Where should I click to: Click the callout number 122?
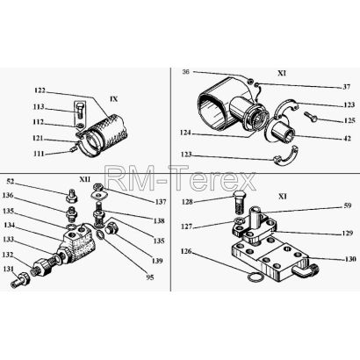tap(40, 90)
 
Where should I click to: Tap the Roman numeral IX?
tap(113, 99)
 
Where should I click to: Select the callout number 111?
tap(38, 154)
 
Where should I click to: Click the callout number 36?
tap(185, 72)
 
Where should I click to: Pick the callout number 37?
tap(346, 87)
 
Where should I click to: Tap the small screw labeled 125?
tap(312, 117)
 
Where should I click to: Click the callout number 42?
tap(347, 139)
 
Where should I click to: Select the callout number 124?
tap(185, 133)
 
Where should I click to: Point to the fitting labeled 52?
tap(71, 197)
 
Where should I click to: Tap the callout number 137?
tap(161, 202)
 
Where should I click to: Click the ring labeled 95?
tap(100, 234)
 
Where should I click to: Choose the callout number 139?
tap(157, 261)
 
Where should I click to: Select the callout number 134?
tap(9, 225)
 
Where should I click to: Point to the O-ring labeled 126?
tap(255, 277)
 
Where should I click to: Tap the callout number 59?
tap(348, 205)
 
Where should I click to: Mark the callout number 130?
tap(350, 259)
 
